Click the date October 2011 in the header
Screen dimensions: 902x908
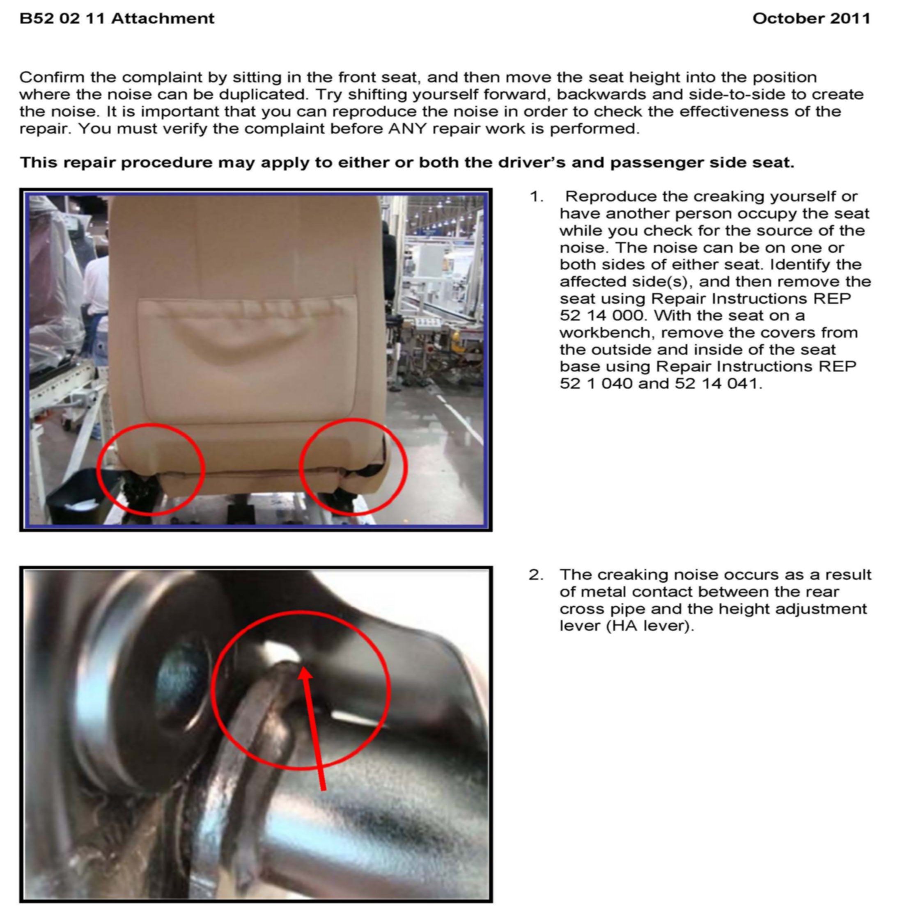(x=811, y=18)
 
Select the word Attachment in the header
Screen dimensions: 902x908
(x=163, y=18)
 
